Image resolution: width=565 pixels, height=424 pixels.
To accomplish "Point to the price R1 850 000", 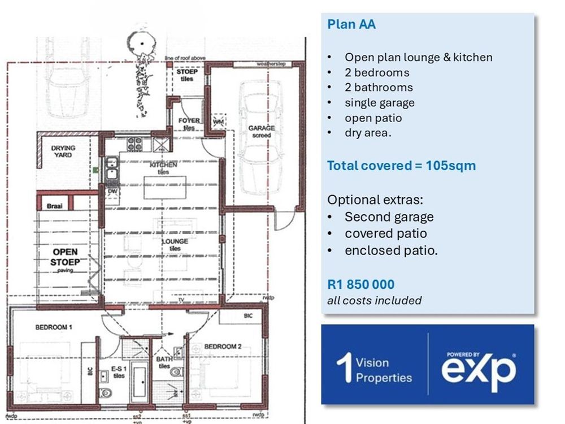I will (x=360, y=284).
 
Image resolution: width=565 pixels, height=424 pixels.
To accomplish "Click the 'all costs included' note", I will (x=374, y=301).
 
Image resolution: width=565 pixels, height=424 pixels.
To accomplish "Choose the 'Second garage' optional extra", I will (x=389, y=217).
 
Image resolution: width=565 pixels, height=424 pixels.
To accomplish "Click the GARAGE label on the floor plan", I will (x=262, y=128).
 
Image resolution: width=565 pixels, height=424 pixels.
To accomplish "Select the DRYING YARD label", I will (x=63, y=151).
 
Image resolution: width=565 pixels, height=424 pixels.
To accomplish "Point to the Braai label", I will (x=54, y=206).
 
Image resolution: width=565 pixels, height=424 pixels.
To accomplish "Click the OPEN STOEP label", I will (x=65, y=257).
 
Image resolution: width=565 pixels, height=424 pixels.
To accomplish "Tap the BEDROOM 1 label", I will (x=54, y=327).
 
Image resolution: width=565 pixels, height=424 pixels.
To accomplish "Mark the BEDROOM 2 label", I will (x=223, y=347).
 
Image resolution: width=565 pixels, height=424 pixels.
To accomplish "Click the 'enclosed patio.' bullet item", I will (x=391, y=250).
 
